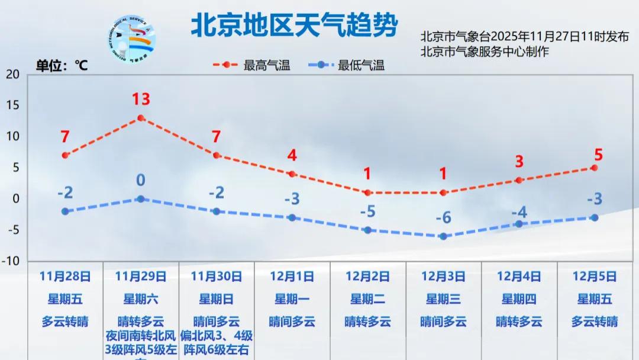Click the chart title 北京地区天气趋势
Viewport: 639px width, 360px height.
coord(294,25)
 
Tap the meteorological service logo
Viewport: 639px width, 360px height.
coord(133,38)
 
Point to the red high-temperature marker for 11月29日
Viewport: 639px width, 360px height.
coord(141,118)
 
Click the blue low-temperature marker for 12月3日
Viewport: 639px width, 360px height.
coord(443,236)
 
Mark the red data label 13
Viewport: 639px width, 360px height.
coord(141,99)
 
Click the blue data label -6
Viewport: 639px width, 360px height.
coord(443,218)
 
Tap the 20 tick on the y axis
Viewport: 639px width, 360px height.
coord(14,74)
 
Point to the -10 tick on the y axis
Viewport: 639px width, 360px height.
coord(12,261)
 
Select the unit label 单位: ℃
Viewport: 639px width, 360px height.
coord(62,66)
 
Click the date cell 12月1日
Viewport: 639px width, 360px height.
coord(292,276)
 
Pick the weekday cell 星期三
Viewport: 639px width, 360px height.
coord(443,299)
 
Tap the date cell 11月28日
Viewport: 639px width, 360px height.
coord(65,276)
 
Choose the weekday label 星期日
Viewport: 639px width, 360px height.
coord(216,299)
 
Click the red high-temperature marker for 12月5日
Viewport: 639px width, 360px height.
coord(594,168)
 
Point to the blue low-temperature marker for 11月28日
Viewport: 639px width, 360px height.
coord(65,211)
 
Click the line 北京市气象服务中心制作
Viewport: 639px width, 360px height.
coord(485,52)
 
